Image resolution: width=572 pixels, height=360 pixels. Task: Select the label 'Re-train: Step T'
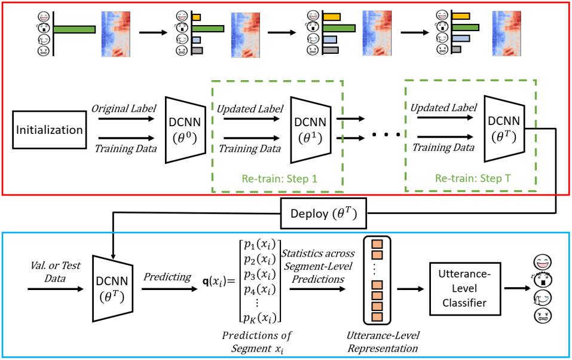(473, 179)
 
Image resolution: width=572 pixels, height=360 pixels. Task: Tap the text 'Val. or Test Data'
(50, 270)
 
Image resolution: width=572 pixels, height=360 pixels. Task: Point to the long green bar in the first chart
(75, 29)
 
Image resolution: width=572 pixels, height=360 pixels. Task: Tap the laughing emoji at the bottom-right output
(541, 261)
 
